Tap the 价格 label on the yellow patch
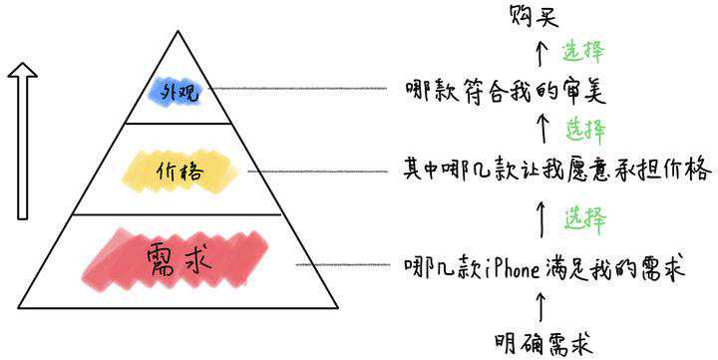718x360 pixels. tap(179, 173)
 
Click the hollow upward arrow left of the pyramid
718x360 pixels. tap(22, 141)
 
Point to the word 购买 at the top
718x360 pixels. tap(534, 16)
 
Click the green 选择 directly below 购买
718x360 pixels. tap(582, 51)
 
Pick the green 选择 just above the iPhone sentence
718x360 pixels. tap(585, 218)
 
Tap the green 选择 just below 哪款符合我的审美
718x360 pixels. tap(585, 130)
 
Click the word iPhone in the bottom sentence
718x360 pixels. tap(513, 268)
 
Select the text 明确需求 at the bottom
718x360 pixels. tap(544, 343)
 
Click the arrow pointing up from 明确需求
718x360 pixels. tap(541, 308)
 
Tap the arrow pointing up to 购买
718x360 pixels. tap(541, 53)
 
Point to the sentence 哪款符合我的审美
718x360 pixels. tap(506, 91)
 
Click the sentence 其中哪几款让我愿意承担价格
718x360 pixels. tap(557, 170)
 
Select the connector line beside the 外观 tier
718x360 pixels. tap(298, 89)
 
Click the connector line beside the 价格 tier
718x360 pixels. tap(318, 172)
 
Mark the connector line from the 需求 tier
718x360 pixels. tap(343, 264)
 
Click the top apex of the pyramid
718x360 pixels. tap(178, 31)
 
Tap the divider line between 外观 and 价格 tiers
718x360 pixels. tap(179, 124)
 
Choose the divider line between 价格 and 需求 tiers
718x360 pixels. tap(178, 214)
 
